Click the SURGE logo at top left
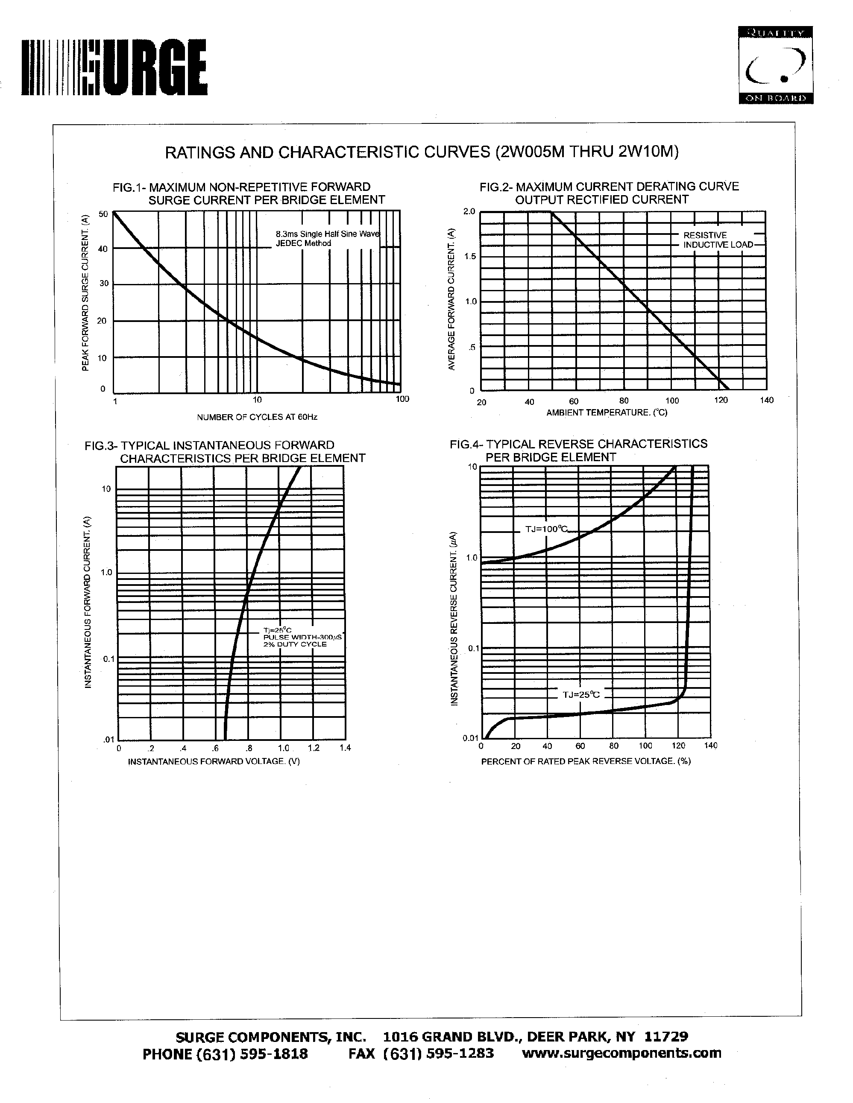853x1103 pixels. click(x=114, y=67)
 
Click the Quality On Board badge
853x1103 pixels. click(x=775, y=64)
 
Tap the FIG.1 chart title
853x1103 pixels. click(x=249, y=193)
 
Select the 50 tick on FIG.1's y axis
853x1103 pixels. click(x=103, y=214)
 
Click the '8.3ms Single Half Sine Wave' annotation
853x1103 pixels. click(x=327, y=234)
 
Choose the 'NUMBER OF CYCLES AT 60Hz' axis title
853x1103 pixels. click(x=257, y=417)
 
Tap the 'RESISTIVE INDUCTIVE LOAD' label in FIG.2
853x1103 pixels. click(x=718, y=240)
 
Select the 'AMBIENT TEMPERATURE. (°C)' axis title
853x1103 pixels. click(x=607, y=413)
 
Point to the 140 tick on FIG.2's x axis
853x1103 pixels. click(x=767, y=401)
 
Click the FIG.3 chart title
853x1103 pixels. click(x=225, y=451)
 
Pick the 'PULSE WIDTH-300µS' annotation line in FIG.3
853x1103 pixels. click(x=302, y=638)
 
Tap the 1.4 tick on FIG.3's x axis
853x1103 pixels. click(x=345, y=748)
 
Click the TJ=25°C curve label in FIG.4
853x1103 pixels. click(x=581, y=694)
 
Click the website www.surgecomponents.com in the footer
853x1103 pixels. click(x=621, y=1053)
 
